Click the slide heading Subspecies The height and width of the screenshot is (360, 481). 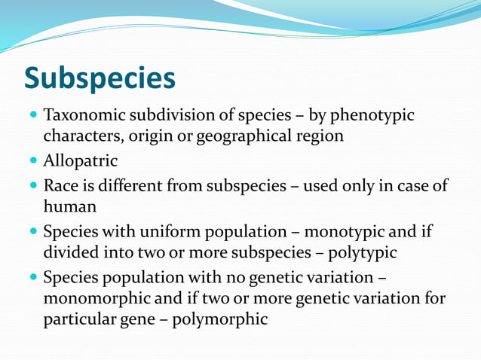point(100,78)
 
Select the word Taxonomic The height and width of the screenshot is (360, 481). point(83,117)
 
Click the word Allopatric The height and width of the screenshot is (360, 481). point(81,161)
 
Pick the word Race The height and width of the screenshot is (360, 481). point(59,185)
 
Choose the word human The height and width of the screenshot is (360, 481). point(66,206)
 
